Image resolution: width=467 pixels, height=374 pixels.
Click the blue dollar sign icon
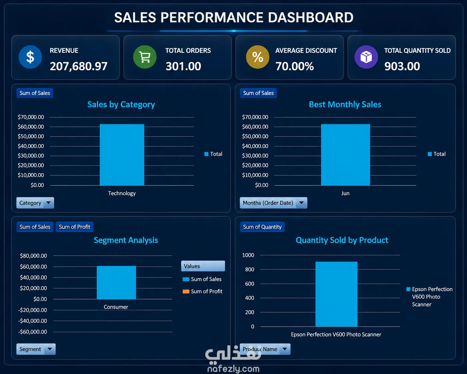(x=30, y=57)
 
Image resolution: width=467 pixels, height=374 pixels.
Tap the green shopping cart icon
(x=145, y=57)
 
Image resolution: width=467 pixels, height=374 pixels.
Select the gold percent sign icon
(x=257, y=57)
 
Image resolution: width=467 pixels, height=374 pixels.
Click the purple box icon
(x=366, y=57)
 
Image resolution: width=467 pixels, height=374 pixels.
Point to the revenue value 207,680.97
(x=79, y=66)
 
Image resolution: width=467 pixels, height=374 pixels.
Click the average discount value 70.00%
(x=295, y=66)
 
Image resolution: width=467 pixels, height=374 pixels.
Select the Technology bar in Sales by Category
(x=122, y=155)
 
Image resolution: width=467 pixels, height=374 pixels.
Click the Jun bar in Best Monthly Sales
(x=345, y=155)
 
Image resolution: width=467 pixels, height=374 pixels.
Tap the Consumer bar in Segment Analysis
(x=116, y=282)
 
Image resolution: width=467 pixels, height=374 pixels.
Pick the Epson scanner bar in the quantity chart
(x=336, y=294)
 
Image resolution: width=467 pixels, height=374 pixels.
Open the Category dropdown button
(x=35, y=203)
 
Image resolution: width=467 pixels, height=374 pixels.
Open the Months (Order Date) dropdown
(x=273, y=203)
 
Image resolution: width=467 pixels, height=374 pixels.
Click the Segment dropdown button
(x=36, y=349)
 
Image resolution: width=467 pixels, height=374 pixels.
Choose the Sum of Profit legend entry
(x=203, y=291)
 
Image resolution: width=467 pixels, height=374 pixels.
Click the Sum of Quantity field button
(x=262, y=227)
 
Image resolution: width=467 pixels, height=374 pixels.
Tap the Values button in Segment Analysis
(x=203, y=266)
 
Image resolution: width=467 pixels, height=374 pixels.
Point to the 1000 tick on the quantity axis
(x=248, y=255)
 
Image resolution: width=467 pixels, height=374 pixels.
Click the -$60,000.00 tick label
(x=33, y=332)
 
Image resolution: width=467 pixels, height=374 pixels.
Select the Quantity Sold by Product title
(x=342, y=240)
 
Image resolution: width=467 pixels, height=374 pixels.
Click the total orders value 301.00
(x=184, y=66)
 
